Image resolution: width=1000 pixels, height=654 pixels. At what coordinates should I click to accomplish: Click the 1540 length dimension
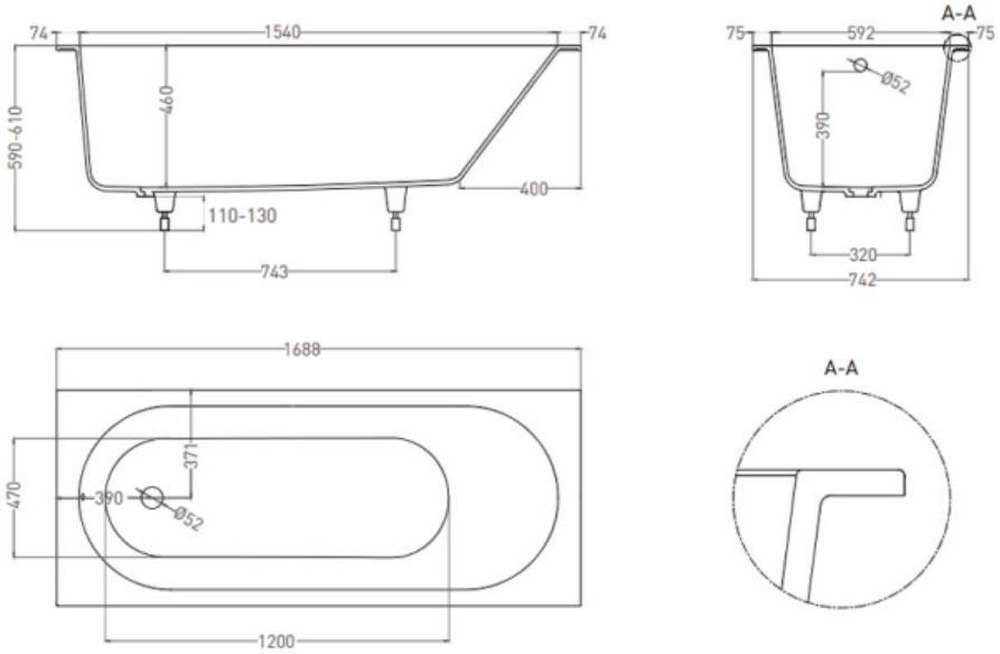pyautogui.click(x=283, y=33)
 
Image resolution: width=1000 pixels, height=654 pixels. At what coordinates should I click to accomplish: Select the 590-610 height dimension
pyautogui.click(x=16, y=137)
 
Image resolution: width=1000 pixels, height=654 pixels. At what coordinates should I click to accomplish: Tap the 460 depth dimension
pyautogui.click(x=167, y=100)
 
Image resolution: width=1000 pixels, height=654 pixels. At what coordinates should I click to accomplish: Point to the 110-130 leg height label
pyautogui.click(x=242, y=216)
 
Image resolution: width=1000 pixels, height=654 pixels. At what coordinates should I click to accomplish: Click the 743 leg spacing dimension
pyautogui.click(x=275, y=271)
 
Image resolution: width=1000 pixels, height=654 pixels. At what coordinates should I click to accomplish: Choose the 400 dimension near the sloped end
pyautogui.click(x=534, y=190)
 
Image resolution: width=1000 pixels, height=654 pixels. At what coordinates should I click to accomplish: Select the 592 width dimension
pyautogui.click(x=861, y=33)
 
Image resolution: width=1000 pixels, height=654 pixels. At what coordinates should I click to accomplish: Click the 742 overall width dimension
pyautogui.click(x=863, y=280)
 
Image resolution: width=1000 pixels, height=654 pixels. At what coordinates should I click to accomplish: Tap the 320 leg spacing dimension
pyautogui.click(x=863, y=255)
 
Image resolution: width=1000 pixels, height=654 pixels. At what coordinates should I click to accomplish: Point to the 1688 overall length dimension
pyautogui.click(x=303, y=350)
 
